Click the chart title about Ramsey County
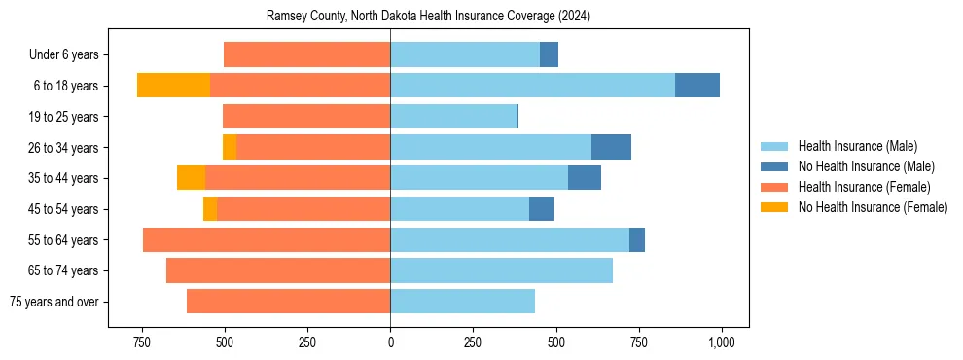click(x=429, y=17)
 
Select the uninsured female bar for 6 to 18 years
click(x=173, y=86)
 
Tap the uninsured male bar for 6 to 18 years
click(x=697, y=86)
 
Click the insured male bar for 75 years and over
click(x=463, y=302)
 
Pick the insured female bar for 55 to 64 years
click(x=267, y=240)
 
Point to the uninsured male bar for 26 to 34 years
click(x=611, y=148)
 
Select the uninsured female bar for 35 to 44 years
click(x=191, y=178)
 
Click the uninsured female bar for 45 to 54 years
click(x=210, y=209)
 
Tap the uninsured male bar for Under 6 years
click(x=549, y=54)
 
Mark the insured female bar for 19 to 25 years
click(x=306, y=117)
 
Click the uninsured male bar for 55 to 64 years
click(x=637, y=240)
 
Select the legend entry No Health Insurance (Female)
click(x=872, y=207)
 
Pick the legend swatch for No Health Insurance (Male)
click(x=774, y=166)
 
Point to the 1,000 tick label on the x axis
click(x=721, y=343)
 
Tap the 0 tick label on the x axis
click(x=390, y=343)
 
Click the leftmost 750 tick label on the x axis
click(x=142, y=343)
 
